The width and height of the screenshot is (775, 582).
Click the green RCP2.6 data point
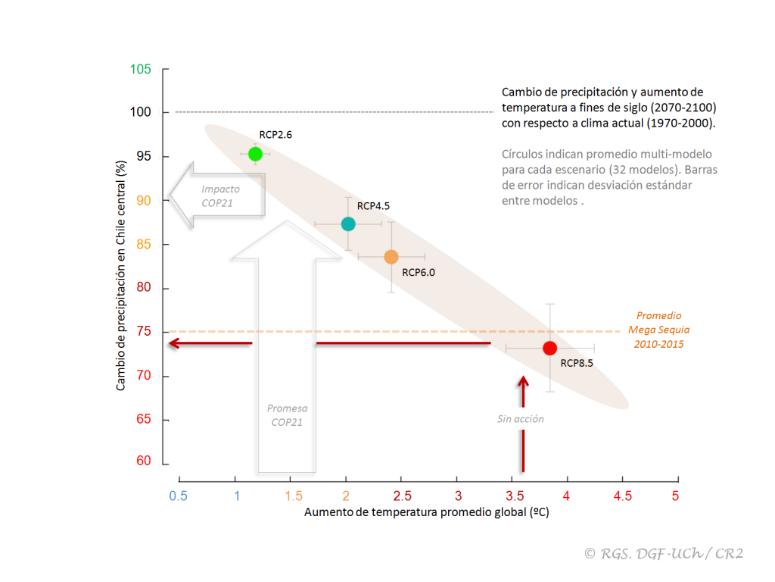point(256,154)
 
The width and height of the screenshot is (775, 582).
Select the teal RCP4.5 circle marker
point(348,224)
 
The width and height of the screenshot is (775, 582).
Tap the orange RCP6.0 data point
point(391,257)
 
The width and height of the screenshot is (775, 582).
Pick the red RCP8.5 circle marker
point(550,348)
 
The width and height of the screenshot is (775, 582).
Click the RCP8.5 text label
point(577,363)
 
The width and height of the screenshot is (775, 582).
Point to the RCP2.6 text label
point(275,135)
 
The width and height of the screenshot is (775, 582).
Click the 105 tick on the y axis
point(141,70)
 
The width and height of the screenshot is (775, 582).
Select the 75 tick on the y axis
point(144,332)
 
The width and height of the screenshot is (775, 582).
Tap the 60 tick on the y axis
point(144,462)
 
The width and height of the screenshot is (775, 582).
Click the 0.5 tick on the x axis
point(179,496)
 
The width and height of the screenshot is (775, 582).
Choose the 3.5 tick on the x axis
point(512,496)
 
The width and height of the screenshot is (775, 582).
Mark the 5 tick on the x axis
point(675,496)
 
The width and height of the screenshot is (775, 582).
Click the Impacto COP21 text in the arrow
point(220,196)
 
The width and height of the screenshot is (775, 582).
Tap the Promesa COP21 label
point(287,415)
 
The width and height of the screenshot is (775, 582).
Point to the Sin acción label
point(521,419)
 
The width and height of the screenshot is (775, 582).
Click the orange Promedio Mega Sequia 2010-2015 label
point(658,330)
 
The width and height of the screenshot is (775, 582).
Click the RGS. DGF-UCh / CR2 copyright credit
point(664,554)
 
